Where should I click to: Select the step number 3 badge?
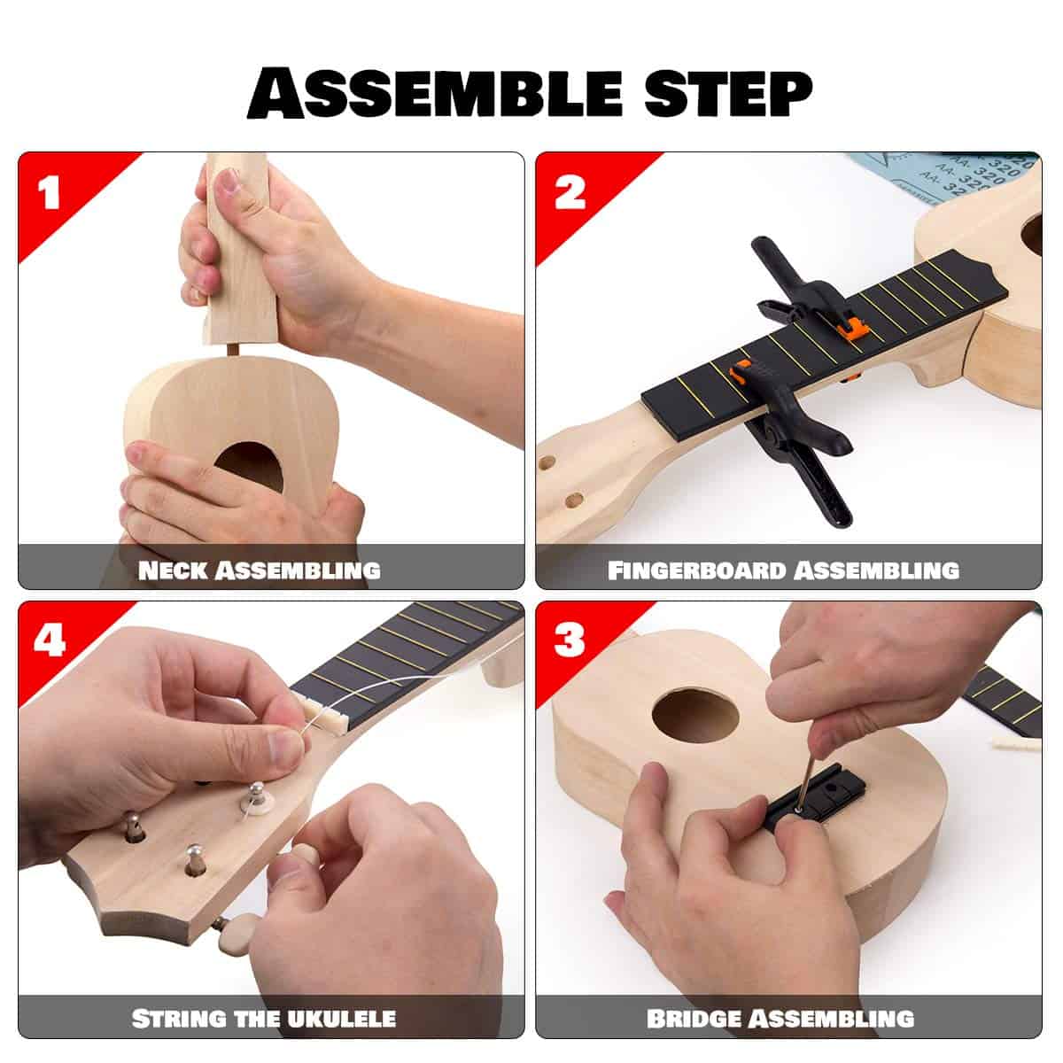coord(569,640)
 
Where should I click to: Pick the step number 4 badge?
coord(48,640)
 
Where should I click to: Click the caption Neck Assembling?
coord(259,570)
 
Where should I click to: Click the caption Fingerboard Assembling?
coord(783,570)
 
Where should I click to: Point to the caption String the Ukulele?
coord(263,1018)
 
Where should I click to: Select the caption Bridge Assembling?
coord(780,1018)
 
